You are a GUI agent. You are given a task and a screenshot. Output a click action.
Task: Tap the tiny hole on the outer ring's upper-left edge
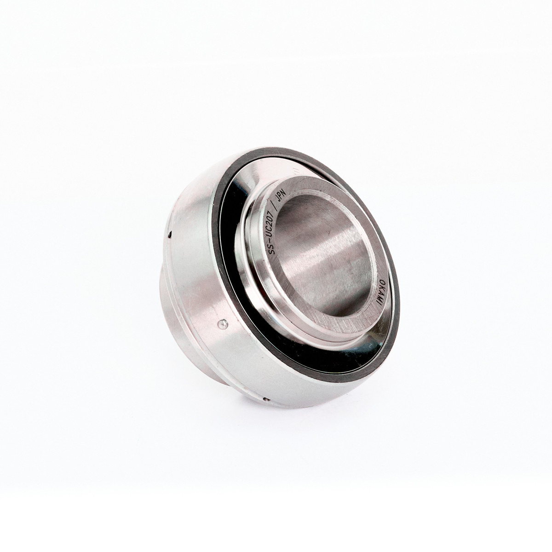(x=170, y=236)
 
